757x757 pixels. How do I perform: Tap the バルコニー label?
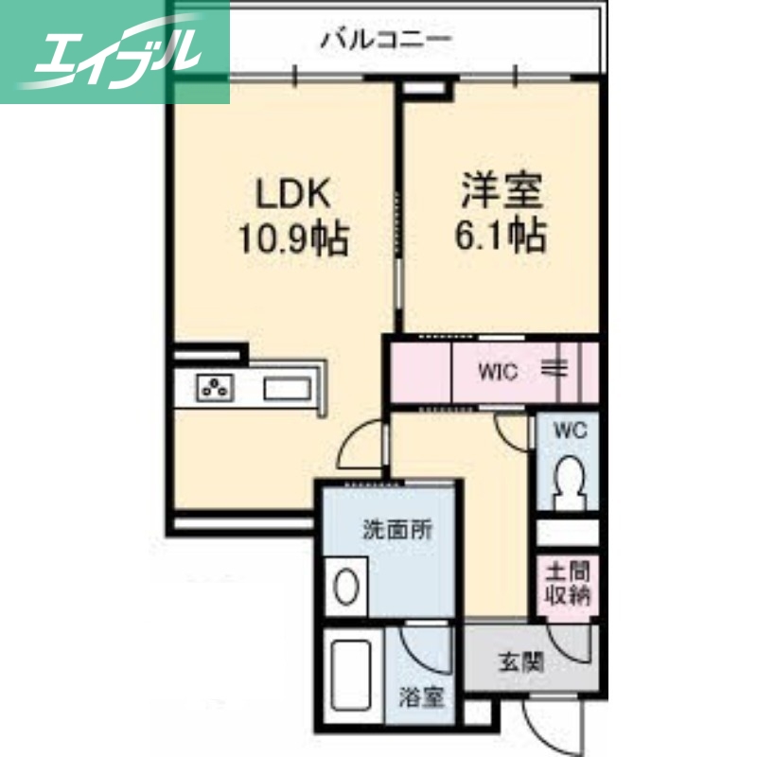(x=385, y=40)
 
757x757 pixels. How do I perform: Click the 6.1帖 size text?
(x=502, y=236)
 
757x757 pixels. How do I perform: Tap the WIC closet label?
(x=497, y=372)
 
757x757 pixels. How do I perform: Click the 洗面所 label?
(x=397, y=530)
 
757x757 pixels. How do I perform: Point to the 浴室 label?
(x=421, y=698)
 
